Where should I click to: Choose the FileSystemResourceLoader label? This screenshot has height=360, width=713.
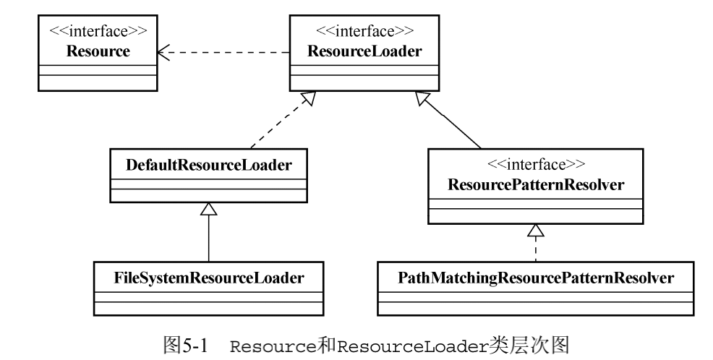tap(209, 277)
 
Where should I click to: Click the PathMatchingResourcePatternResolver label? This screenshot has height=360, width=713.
tap(533, 277)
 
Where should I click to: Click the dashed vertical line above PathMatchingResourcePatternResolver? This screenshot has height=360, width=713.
tap(534, 251)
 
